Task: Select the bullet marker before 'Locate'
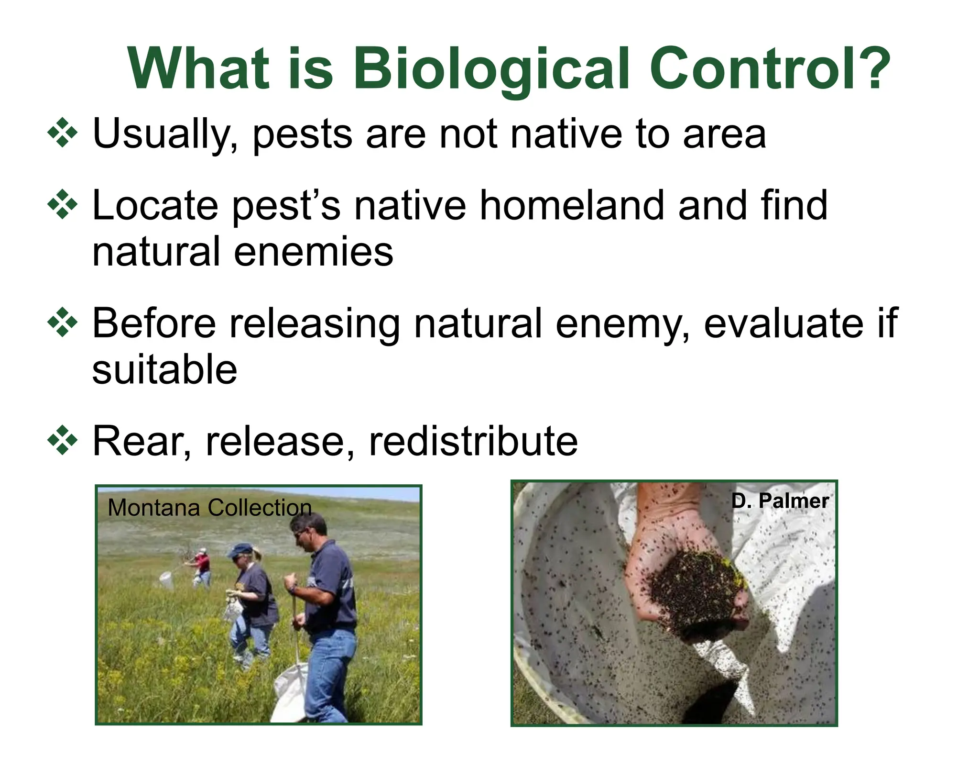pos(62,205)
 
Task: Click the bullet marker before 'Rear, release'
pos(62,440)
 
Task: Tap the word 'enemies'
pos(313,252)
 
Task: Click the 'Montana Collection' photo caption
pos(209,508)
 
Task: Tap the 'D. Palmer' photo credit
pos(780,501)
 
